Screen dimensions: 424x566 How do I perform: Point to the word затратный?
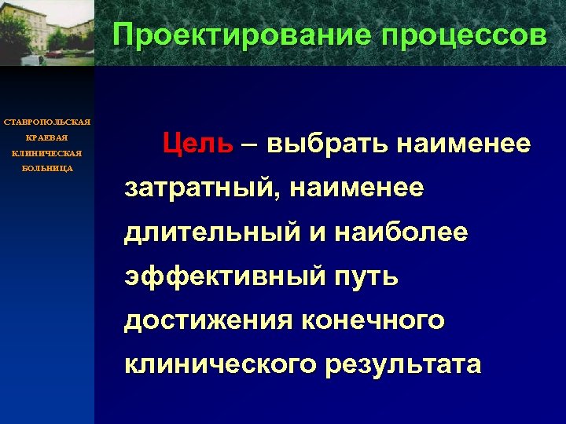197,189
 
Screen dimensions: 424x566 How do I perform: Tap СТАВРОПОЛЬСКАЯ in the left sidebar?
47,122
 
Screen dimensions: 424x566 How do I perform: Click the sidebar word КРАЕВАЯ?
47,137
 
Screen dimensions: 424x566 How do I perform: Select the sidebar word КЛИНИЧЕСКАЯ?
47,153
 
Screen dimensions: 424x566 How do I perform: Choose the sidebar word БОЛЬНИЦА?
47,169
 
